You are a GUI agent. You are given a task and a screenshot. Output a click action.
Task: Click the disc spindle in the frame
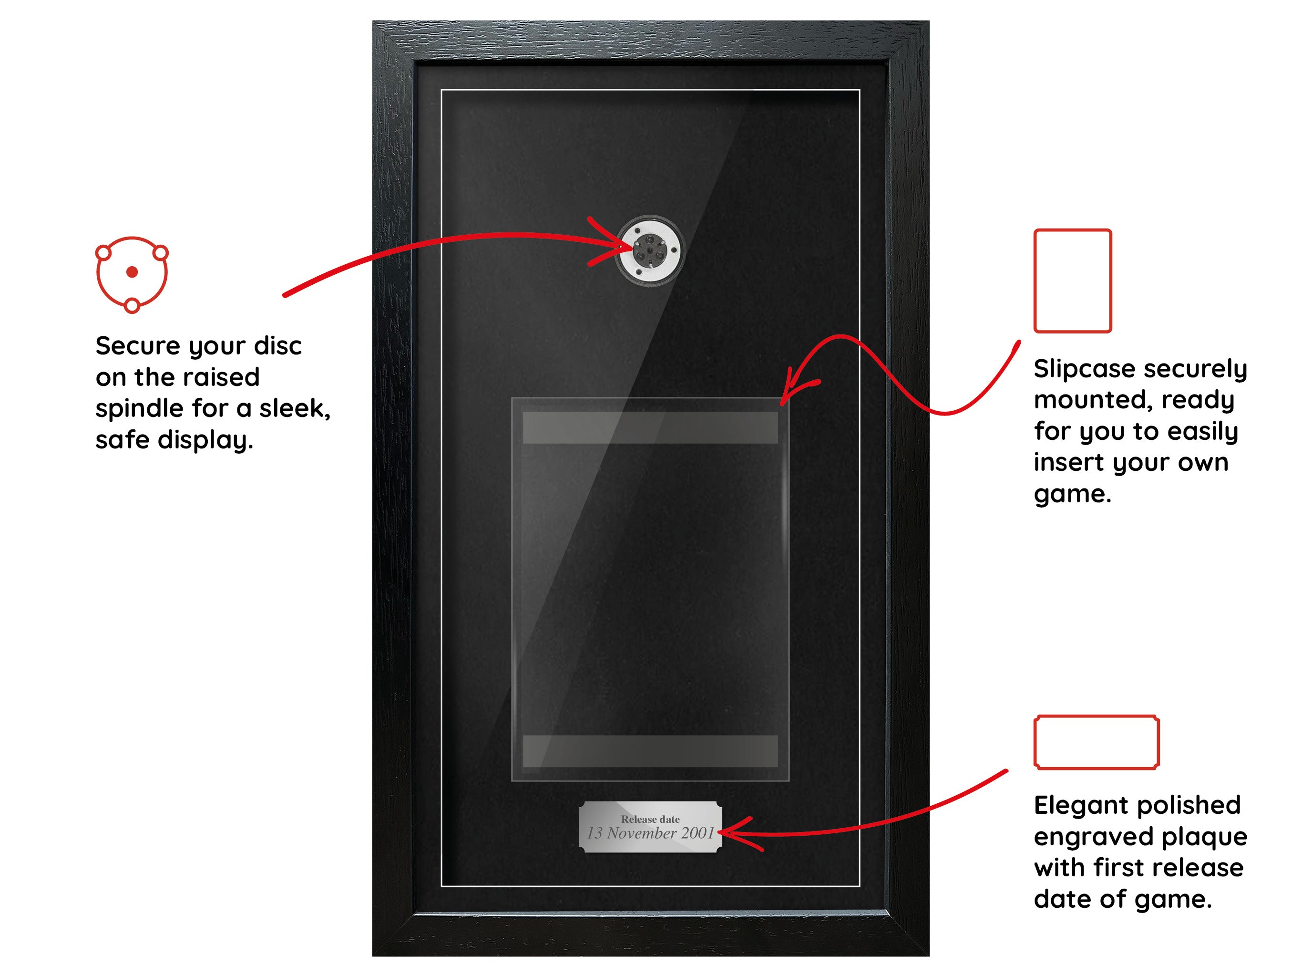(650, 251)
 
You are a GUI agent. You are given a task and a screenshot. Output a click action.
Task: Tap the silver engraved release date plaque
(650, 827)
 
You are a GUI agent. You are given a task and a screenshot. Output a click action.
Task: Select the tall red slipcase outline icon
(1072, 281)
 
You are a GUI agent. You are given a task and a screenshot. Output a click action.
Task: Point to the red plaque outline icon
(1097, 742)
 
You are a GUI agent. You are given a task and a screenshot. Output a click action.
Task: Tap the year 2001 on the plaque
(697, 833)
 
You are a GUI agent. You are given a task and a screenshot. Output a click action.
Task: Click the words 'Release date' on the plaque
(650, 819)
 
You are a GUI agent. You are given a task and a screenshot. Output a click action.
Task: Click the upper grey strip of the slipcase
(650, 427)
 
